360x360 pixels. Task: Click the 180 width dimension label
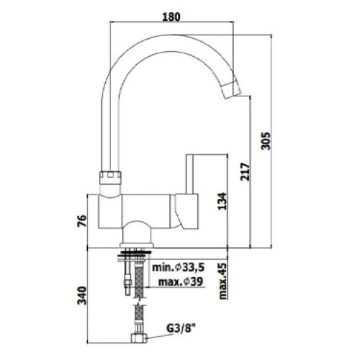pos(171,17)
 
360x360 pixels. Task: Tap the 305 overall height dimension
pos(266,141)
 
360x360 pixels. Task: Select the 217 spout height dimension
pos(246,172)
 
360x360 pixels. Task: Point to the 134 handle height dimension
pos(222,201)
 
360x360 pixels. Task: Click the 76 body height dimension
pos(81,222)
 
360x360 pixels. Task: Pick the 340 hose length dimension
pos(81,295)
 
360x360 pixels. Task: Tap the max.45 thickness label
pos(222,281)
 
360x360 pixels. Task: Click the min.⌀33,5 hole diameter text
pos(178,267)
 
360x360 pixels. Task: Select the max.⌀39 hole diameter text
pos(181,282)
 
